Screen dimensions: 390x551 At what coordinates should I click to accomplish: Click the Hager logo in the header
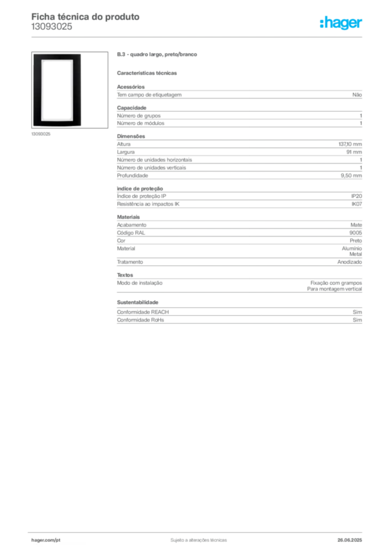tap(340, 23)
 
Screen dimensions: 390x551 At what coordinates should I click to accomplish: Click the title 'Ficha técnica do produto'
tap(86, 17)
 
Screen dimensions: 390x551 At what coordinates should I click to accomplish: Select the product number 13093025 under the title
tap(52, 27)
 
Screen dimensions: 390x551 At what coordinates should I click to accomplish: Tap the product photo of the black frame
tap(69, 90)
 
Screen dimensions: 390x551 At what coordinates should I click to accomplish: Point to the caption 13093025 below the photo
tap(41, 134)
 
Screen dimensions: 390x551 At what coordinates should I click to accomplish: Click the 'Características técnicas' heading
tap(147, 73)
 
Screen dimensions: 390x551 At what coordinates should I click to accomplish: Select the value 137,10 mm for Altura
tap(350, 144)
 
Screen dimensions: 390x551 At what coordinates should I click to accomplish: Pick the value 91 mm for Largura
tap(354, 152)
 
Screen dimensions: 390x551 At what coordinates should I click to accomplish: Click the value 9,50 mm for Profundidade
tap(351, 176)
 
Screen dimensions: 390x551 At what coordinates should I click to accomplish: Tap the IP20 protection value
tap(357, 196)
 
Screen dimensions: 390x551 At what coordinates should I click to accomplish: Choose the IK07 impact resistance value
tap(357, 204)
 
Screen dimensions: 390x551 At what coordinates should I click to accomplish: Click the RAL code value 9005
tap(356, 232)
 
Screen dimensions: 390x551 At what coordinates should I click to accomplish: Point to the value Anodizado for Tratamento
tap(350, 262)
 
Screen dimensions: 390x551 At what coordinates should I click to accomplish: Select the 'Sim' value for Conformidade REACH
tap(357, 312)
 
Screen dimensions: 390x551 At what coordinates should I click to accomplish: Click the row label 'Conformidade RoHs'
tap(140, 320)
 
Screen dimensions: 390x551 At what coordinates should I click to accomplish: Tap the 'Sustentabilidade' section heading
tap(137, 302)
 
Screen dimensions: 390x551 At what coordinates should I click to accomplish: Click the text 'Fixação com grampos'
tap(336, 283)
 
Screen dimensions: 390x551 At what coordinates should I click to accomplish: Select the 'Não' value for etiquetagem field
tap(357, 95)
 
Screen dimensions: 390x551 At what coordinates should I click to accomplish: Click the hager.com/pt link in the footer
tap(46, 540)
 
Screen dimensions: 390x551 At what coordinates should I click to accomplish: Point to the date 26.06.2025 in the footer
tap(350, 540)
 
